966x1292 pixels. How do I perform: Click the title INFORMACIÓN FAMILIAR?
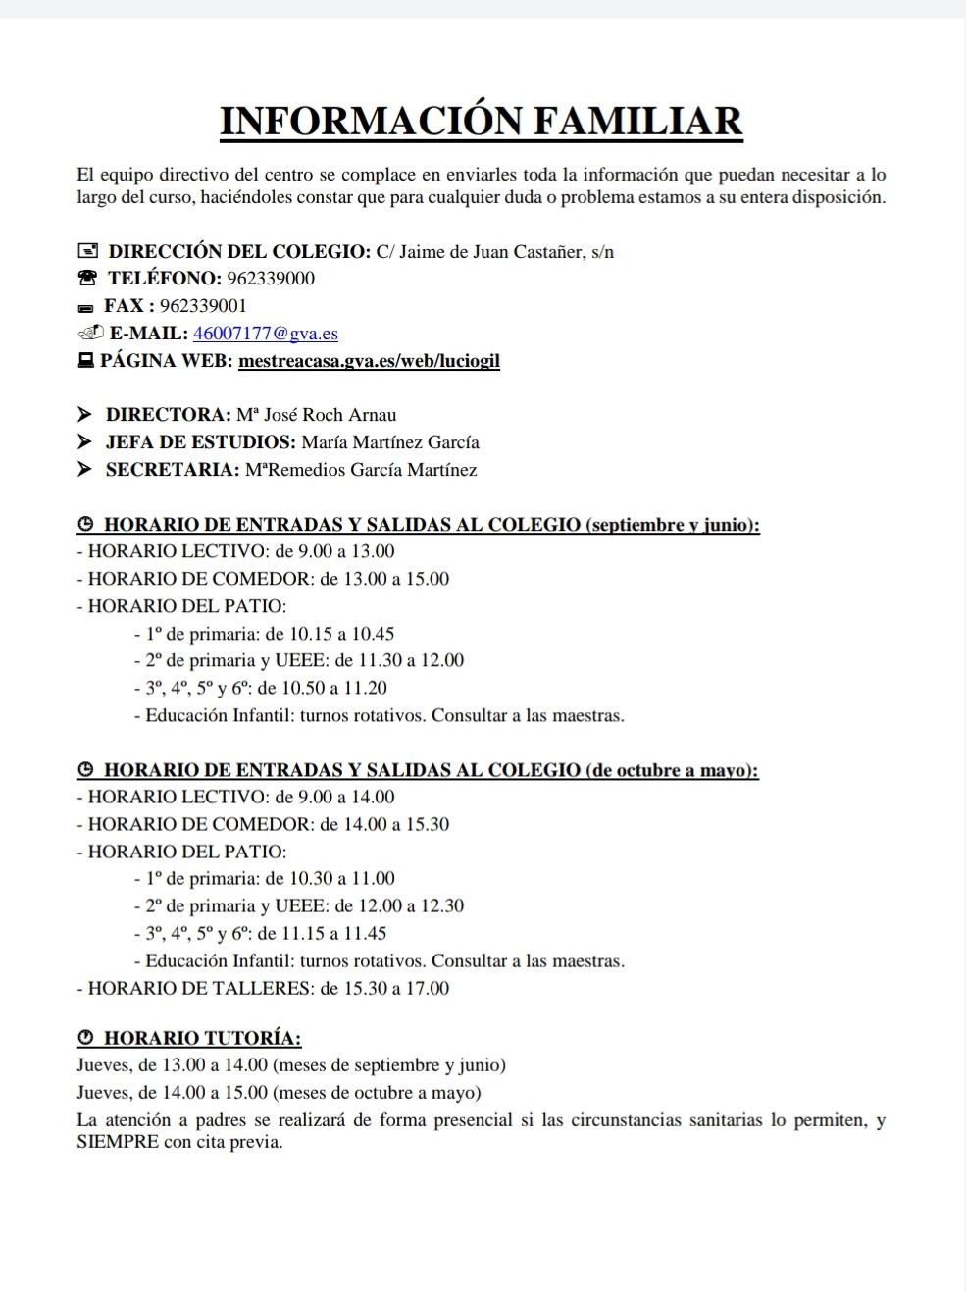coord(482,121)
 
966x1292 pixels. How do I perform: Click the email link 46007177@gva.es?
coord(266,334)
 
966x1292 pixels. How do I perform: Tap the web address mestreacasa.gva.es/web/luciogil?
coord(369,361)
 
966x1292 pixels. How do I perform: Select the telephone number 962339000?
coord(271,279)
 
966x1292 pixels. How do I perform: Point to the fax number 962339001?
coord(203,306)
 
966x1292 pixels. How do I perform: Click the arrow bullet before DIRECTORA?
coord(85,415)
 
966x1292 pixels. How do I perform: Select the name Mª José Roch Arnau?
coord(316,415)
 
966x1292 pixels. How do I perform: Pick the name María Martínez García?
coord(390,442)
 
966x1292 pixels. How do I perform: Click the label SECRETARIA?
coord(173,470)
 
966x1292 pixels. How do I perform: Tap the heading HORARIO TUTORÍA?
coord(202,1038)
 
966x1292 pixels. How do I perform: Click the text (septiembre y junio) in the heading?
coord(672,525)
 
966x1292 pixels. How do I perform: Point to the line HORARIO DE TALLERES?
coord(263,989)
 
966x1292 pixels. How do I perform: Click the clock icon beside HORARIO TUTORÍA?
coord(85,1038)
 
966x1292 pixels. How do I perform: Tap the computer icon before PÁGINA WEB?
coord(85,361)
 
